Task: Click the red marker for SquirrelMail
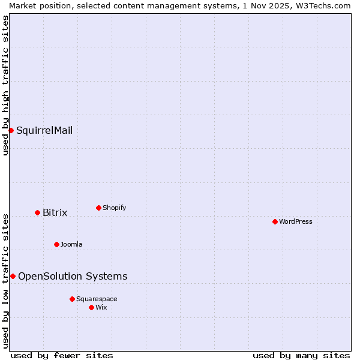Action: click(11, 130)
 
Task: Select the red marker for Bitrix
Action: click(37, 212)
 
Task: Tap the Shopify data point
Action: click(98, 208)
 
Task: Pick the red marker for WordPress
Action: click(275, 221)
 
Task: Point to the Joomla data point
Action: click(56, 244)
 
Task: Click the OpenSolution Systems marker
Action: click(13, 276)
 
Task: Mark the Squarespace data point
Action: click(72, 299)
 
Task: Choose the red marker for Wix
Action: click(91, 307)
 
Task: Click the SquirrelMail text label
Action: click(44, 130)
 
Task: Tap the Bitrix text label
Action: click(55, 212)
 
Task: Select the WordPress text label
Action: click(296, 221)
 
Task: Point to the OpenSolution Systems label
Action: click(73, 276)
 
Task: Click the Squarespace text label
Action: click(97, 299)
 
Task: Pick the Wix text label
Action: click(101, 307)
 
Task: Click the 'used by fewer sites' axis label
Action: click(62, 355)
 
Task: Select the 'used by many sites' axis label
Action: click(301, 355)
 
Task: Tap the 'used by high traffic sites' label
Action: click(5, 85)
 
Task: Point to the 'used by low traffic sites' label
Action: click(5, 280)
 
